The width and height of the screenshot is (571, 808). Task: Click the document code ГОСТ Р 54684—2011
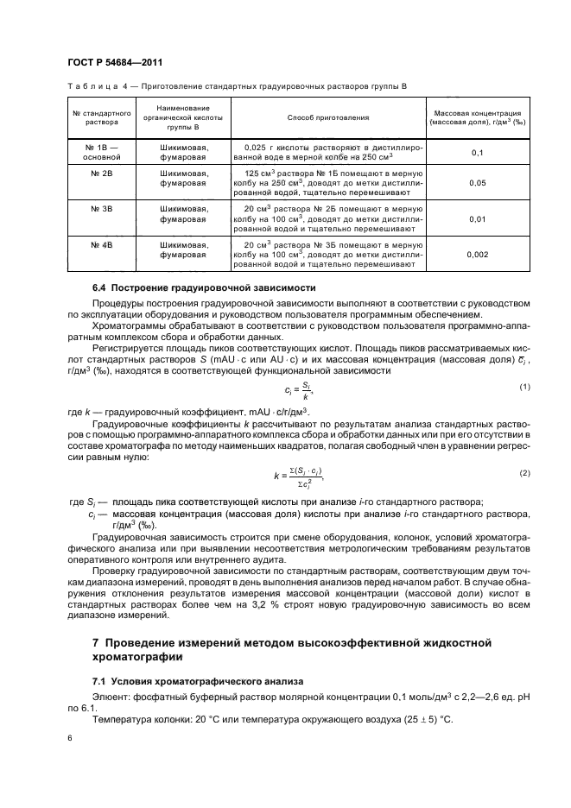(x=116, y=62)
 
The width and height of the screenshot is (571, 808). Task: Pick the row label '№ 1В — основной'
(x=100, y=153)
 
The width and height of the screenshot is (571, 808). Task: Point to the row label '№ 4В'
(x=100, y=245)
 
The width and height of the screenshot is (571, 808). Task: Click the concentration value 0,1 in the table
(x=477, y=153)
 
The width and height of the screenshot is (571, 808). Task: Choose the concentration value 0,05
(x=477, y=184)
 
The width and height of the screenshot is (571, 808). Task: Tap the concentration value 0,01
(x=477, y=219)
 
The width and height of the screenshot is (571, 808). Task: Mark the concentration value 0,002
(x=477, y=256)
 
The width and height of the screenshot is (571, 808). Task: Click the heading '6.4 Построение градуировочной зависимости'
(x=204, y=287)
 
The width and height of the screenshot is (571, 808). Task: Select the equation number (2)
(x=523, y=473)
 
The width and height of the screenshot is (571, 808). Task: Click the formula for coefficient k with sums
(x=302, y=475)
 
